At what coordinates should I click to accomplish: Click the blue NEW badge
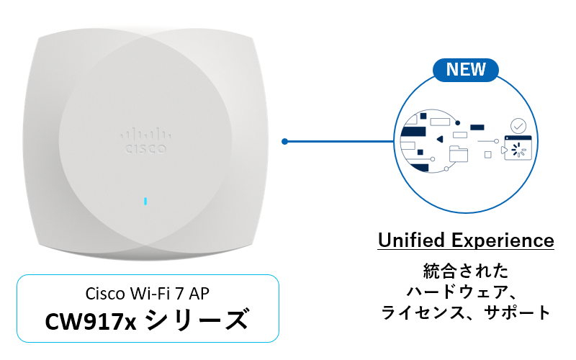point(466,70)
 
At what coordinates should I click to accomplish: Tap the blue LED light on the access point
point(145,201)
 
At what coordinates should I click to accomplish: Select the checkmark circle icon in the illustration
point(517,126)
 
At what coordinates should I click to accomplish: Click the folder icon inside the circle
point(458,153)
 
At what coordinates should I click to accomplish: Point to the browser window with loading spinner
point(518,148)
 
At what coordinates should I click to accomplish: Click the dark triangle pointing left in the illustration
point(439,139)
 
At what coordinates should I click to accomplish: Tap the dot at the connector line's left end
point(285,141)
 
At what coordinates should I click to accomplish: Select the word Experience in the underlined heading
point(508,240)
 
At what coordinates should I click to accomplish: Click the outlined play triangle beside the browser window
point(502,150)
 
